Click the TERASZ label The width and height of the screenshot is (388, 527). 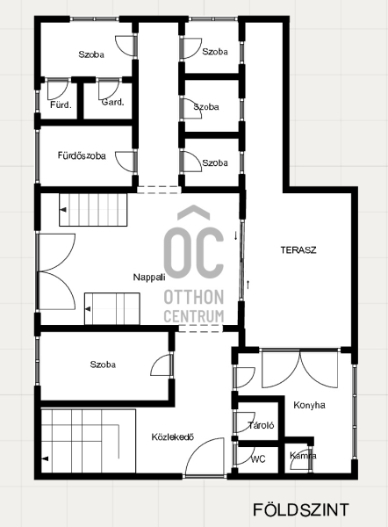pyautogui.click(x=298, y=250)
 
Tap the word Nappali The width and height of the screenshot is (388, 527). pyautogui.click(x=149, y=278)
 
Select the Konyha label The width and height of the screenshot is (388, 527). pyautogui.click(x=309, y=405)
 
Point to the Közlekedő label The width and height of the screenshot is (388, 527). pyautogui.click(x=173, y=437)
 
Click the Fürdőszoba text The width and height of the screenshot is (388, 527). pyautogui.click(x=82, y=155)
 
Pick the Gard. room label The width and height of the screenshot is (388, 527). pyautogui.click(x=113, y=102)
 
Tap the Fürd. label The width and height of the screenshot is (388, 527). pyautogui.click(x=61, y=105)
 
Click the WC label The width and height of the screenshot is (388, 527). pyautogui.click(x=258, y=458)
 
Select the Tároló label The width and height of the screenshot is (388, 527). pyautogui.click(x=261, y=425)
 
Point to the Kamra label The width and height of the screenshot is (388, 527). pyautogui.click(x=303, y=456)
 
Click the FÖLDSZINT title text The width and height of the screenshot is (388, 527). pyautogui.click(x=301, y=509)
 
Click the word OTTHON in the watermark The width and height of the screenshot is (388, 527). pyautogui.click(x=194, y=297)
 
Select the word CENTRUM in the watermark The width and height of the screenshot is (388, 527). pyautogui.click(x=194, y=316)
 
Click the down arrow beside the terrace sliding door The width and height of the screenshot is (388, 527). pyautogui.click(x=235, y=235)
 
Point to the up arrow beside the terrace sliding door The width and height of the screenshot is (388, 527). pyautogui.click(x=248, y=285)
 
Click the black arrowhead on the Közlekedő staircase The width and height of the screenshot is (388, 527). pyautogui.click(x=45, y=458)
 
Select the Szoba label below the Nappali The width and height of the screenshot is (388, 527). pyautogui.click(x=103, y=365)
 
